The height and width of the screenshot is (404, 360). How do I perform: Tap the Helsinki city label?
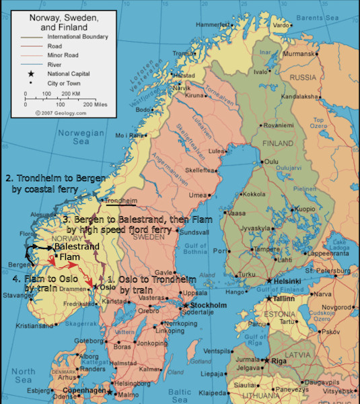point(285,281)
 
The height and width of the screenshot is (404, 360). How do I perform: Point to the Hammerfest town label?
point(213,25)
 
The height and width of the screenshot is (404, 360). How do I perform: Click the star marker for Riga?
point(268,361)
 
